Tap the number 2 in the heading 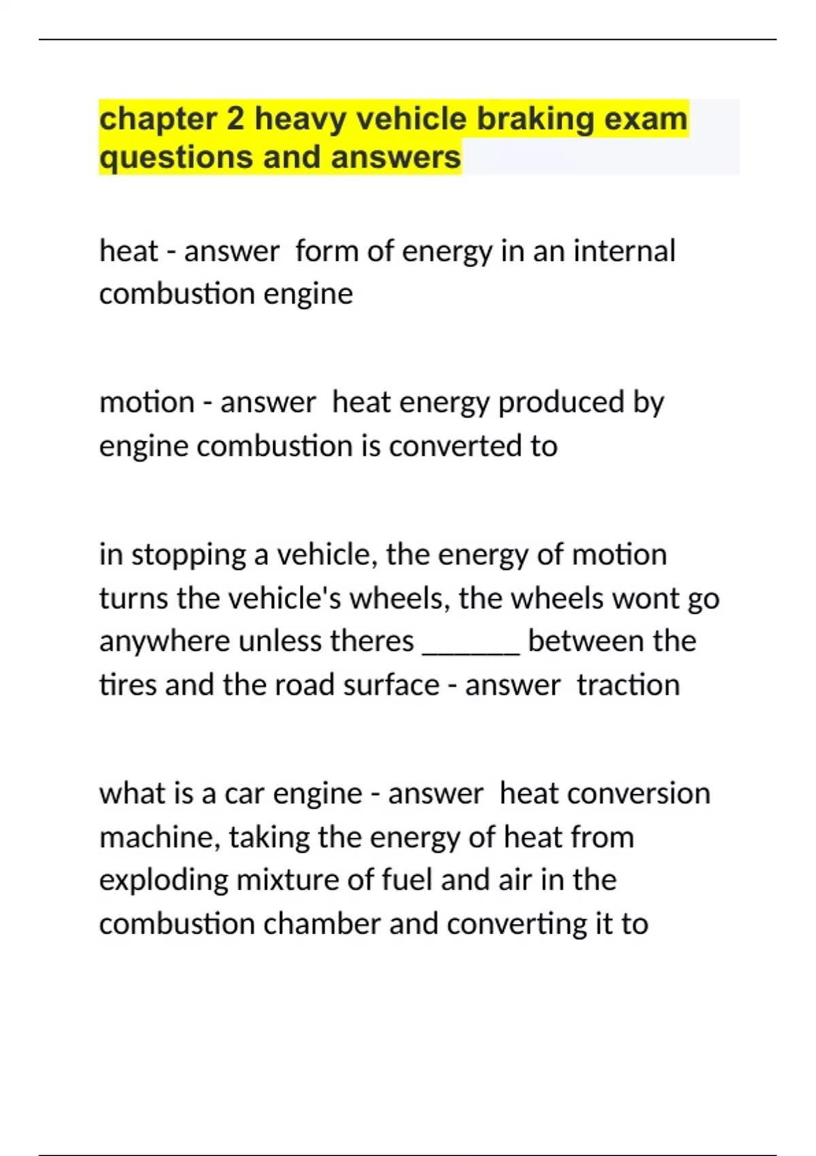(235, 120)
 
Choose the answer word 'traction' (628, 685)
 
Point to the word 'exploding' (163, 881)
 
